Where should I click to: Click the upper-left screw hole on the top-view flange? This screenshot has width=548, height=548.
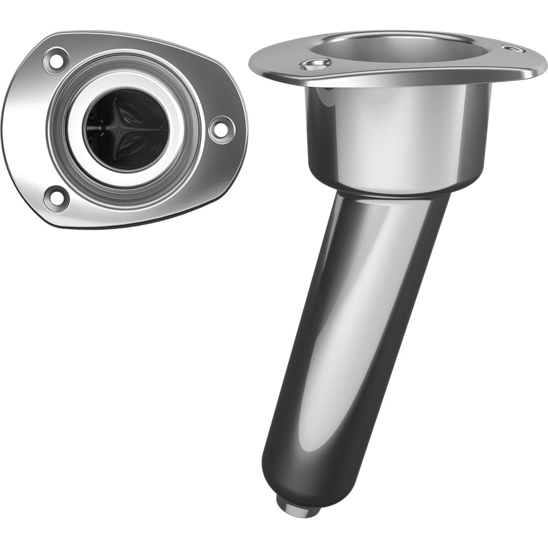pyautogui.click(x=56, y=61)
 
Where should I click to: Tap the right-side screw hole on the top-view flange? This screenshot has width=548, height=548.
pyautogui.click(x=222, y=129)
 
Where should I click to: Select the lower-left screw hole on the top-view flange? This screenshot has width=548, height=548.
pyautogui.click(x=56, y=198)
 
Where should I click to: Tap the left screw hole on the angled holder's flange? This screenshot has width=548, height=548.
pyautogui.click(x=316, y=65)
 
